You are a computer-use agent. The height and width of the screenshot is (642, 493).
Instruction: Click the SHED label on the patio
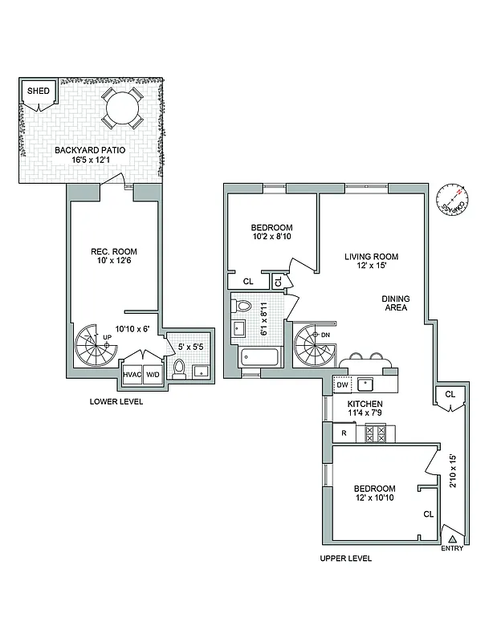pos(39,91)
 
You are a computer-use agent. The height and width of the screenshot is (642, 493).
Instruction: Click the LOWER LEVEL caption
pos(116,401)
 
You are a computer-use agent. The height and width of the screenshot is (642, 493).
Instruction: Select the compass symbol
pos(454,201)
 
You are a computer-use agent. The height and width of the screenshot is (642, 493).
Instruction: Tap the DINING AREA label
pos(395,304)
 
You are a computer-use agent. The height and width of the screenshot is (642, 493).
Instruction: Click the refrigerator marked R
pos(344,433)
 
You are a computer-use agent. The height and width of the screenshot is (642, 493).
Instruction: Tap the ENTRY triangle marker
pos(452,538)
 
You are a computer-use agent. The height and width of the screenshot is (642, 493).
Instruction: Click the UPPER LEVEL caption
pos(345,558)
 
